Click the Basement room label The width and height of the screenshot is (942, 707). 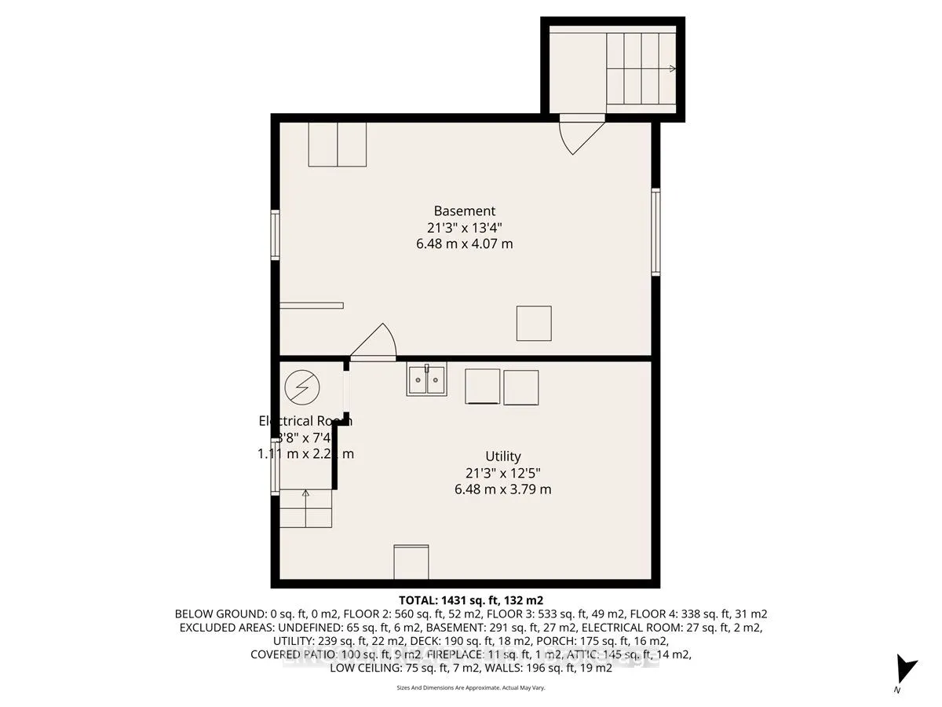465,211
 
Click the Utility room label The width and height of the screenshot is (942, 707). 502,456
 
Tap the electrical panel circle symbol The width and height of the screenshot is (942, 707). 302,386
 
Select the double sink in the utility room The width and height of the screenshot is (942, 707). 426,380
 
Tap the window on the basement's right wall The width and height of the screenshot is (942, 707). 655,232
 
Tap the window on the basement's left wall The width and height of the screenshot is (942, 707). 276,234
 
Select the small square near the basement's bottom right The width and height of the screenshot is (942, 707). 534,324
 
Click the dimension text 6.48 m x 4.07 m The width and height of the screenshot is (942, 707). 465,244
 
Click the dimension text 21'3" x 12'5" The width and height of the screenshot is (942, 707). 502,473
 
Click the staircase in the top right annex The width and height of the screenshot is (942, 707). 641,69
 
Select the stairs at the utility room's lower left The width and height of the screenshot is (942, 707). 305,508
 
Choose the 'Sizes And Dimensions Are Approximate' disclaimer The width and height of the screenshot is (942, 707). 471,687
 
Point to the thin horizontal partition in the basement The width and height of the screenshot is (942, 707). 312,306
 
